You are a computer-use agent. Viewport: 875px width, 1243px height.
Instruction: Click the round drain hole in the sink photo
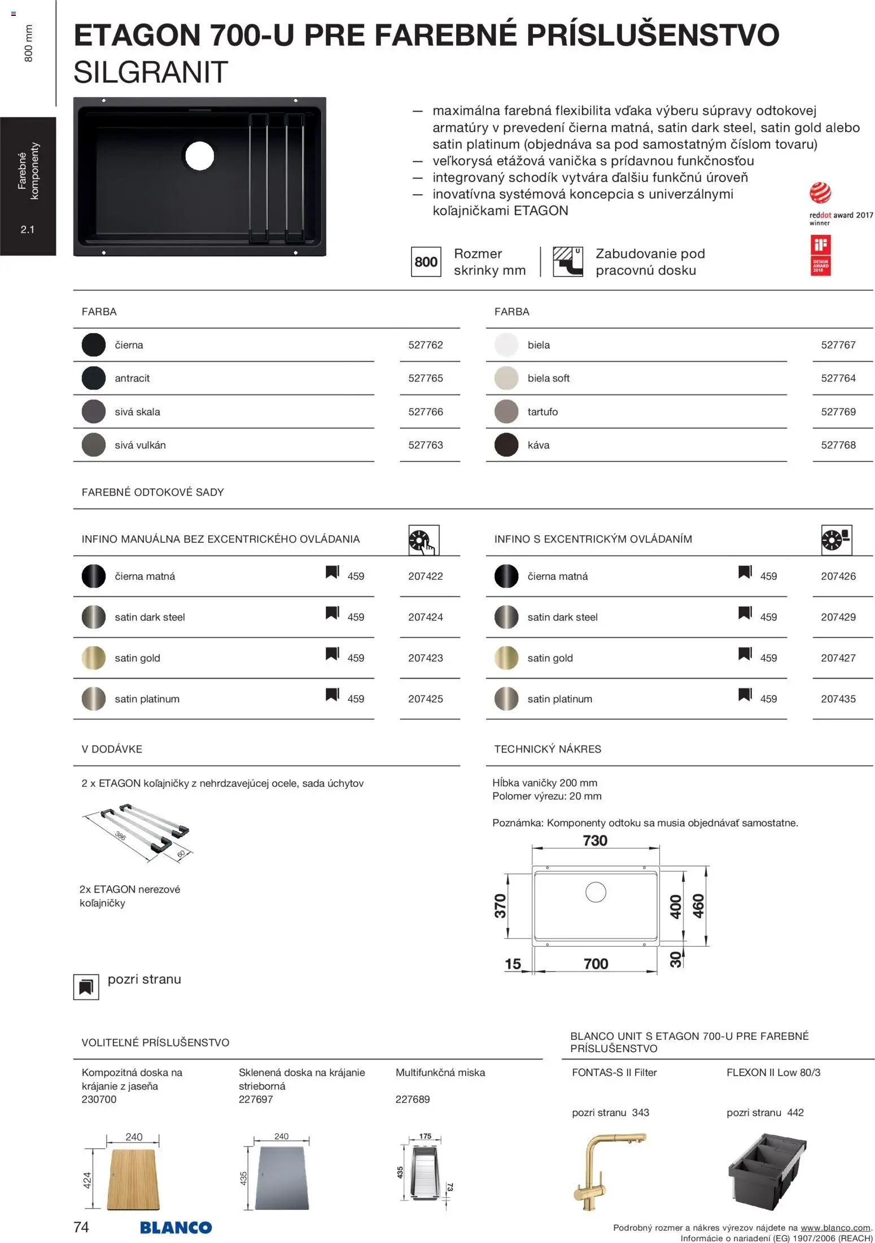[199, 155]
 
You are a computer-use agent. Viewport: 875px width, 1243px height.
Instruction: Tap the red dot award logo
[820, 194]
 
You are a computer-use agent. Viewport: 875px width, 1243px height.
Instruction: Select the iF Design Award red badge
[820, 255]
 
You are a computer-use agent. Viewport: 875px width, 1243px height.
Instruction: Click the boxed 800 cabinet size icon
[426, 262]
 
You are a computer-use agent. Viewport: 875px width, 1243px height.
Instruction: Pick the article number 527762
[426, 345]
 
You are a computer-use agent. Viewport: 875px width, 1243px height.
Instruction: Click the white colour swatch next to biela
[506, 345]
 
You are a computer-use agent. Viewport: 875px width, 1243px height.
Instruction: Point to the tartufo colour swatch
[506, 412]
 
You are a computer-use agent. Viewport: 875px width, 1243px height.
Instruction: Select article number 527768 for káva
[838, 445]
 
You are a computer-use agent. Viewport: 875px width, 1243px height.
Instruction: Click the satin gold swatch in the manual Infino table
[94, 658]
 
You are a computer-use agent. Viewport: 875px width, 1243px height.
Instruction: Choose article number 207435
[838, 699]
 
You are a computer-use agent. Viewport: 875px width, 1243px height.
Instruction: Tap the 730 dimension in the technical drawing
[595, 841]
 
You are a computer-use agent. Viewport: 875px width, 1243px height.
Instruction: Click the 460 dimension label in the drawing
[698, 907]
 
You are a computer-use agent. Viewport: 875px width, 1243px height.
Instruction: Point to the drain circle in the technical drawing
[596, 892]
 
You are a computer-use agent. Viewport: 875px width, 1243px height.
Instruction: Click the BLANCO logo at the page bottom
[176, 1227]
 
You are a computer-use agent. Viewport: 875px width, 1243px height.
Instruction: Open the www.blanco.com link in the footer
[835, 1228]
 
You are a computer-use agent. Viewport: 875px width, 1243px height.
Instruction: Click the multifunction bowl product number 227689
[413, 1100]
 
